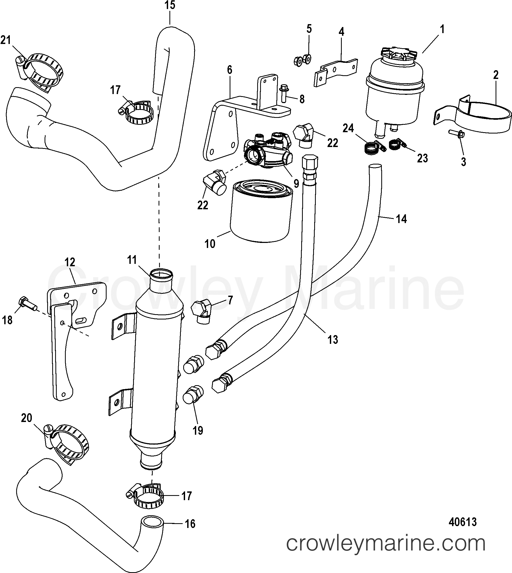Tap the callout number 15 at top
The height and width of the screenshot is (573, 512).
tap(170, 5)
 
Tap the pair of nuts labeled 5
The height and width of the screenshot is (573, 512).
tap(304, 60)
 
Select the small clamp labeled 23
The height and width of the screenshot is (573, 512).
tap(396, 144)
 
